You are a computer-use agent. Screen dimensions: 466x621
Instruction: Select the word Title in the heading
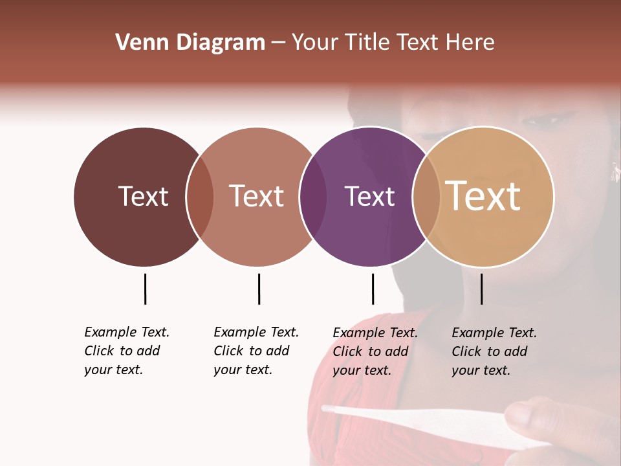[368, 43]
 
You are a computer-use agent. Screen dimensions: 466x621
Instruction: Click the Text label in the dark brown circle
[143, 197]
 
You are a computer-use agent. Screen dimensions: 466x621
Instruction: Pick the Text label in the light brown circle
[257, 197]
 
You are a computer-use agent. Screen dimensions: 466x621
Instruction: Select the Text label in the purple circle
[369, 197]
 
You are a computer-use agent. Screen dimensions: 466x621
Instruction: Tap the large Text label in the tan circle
[483, 197]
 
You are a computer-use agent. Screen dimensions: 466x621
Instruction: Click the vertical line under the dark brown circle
[145, 289]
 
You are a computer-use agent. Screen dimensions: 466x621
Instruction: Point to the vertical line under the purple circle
[373, 289]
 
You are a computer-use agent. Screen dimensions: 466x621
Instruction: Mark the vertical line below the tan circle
[482, 289]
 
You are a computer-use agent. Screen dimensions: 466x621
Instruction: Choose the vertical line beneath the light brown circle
[259, 289]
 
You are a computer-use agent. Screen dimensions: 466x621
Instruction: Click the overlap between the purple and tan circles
[426, 197]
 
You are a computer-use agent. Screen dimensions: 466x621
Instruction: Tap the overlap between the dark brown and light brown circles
[200, 197]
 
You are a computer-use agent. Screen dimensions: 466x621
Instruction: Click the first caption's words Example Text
[127, 333]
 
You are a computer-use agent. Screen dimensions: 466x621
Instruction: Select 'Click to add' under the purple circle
[370, 351]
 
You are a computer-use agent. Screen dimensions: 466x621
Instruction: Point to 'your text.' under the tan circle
[481, 370]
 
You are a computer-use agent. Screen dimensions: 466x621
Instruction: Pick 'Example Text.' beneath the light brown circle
[256, 333]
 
